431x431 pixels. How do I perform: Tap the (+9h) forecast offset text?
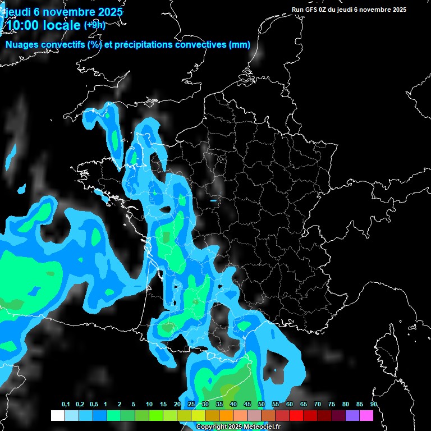94,25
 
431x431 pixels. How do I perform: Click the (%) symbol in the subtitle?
94,45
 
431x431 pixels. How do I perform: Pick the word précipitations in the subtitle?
144,45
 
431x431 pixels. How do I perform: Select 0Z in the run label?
324,10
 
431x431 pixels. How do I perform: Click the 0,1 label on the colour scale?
66,405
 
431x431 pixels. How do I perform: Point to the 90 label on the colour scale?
373,405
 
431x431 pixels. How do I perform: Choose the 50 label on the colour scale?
262,405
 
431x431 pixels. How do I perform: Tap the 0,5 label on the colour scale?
94,405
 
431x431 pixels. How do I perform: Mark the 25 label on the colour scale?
191,405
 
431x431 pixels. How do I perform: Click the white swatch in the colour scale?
57,415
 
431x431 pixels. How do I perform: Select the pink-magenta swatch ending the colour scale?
366,415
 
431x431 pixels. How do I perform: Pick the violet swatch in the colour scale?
352,415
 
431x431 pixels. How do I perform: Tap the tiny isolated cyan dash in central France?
213,200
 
